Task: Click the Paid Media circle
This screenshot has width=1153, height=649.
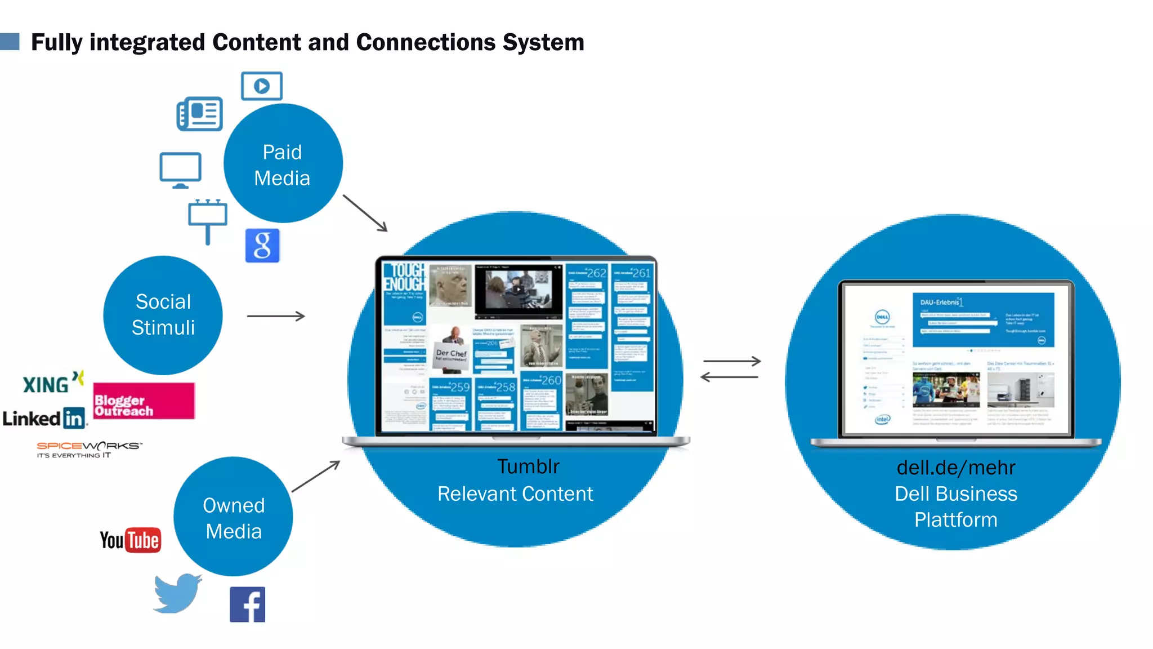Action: click(x=283, y=164)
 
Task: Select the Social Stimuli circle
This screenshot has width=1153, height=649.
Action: click(x=163, y=315)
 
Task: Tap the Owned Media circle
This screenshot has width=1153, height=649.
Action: click(x=233, y=517)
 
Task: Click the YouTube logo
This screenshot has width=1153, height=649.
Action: click(x=131, y=540)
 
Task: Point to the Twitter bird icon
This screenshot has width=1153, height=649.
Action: click(x=177, y=593)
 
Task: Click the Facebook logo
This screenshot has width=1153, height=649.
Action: click(x=247, y=604)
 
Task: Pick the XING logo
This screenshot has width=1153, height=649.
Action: click(x=52, y=383)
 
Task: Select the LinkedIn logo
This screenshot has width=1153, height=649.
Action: click(x=44, y=419)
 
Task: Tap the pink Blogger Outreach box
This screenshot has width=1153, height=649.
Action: click(x=144, y=401)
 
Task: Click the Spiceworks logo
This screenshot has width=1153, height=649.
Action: click(x=89, y=449)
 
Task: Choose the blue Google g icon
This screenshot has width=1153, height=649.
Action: click(x=262, y=246)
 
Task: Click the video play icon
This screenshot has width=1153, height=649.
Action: click(x=262, y=86)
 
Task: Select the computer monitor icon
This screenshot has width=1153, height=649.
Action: click(x=180, y=170)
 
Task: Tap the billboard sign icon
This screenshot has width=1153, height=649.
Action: click(x=208, y=220)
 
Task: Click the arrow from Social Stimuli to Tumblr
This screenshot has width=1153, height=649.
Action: click(x=276, y=316)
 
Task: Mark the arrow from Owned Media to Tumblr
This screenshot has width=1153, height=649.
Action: click(x=316, y=476)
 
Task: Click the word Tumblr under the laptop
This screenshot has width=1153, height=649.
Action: click(x=528, y=466)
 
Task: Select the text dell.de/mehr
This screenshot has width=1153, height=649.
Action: click(x=955, y=468)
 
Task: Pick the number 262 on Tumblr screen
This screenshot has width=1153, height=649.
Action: click(x=596, y=273)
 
